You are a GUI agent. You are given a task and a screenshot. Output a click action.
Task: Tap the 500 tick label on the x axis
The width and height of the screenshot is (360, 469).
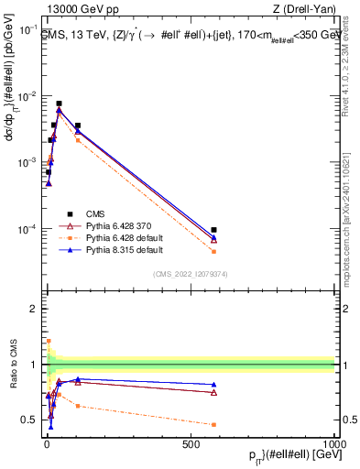[191, 443]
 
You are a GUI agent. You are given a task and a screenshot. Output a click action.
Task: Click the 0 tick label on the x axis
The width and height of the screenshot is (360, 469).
[47, 443]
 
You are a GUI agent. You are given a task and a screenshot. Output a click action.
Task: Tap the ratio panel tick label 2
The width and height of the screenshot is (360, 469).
[35, 310]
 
